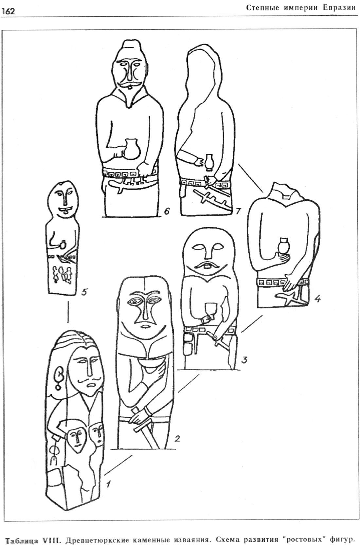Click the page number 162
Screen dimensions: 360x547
pyautogui.click(x=8, y=11)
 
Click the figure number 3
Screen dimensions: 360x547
pyautogui.click(x=244, y=359)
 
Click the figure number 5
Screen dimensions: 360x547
pyautogui.click(x=84, y=292)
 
